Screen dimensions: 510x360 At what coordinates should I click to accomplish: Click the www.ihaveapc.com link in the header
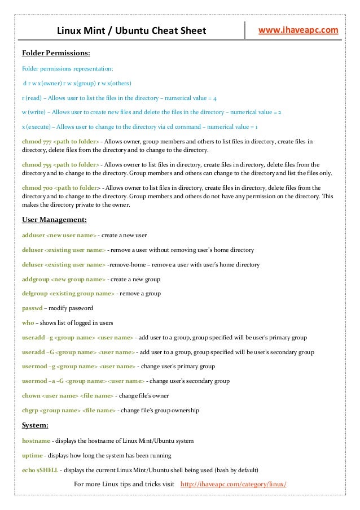tap(298, 29)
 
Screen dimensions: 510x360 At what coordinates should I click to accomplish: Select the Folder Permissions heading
tap(56, 54)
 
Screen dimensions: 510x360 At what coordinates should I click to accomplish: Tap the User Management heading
tap(54, 220)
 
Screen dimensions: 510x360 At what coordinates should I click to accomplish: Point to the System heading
tap(35, 425)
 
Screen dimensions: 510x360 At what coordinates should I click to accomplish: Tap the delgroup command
tap(34, 294)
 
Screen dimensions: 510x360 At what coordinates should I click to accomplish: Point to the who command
tap(28, 323)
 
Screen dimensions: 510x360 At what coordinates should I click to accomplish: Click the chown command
tap(31, 395)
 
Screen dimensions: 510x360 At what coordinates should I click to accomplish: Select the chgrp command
tap(30, 410)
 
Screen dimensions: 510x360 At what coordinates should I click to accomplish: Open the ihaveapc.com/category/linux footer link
tap(233, 485)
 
